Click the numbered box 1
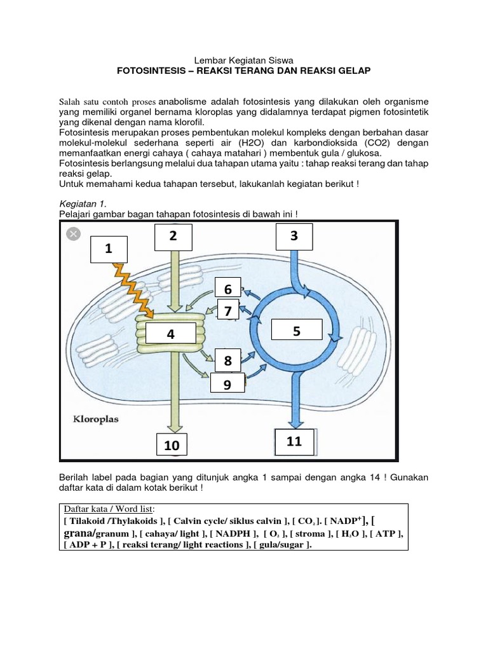pos(109,250)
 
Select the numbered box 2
pos(172,236)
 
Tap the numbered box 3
pos(294,236)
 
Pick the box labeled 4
pos(170,333)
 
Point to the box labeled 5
pos(296,331)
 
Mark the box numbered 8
pos(227,361)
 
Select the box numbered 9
pos(227,385)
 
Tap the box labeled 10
pos(172,446)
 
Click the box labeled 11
pos(294,441)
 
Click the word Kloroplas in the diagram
pos(95,420)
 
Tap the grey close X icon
pos(74,234)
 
